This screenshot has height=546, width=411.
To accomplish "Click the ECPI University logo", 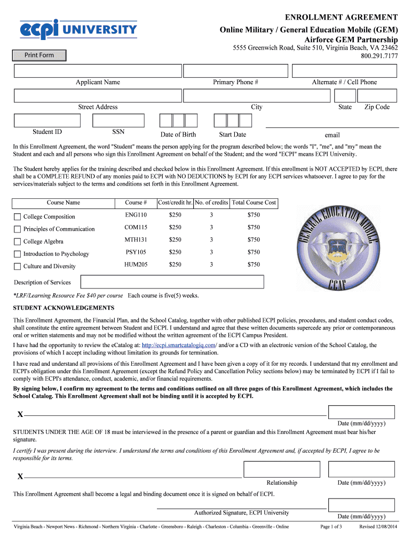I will coord(78,29).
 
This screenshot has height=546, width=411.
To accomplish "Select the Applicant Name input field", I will coord(97,70).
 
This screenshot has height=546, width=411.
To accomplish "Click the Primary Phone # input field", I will coord(235,70).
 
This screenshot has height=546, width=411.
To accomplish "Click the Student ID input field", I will coord(46,121).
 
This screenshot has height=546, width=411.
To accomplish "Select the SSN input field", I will coord(118,121).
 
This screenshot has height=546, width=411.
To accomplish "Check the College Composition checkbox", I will coord(18,217).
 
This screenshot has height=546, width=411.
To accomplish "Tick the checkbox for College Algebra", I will coord(18,242).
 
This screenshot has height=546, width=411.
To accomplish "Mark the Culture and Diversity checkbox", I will coord(18,267).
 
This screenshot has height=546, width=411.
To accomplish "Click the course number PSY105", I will coord(136,252).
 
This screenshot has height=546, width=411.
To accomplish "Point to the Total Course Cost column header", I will coord(254,203).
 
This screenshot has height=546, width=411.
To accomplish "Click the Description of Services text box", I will coord(171,282).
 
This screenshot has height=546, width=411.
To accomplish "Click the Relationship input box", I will coord(281,469).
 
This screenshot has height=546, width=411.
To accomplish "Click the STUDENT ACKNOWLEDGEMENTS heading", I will coord(64,308).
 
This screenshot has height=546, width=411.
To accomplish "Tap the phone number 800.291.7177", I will coord(379,56).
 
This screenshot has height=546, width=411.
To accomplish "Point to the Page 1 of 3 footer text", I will coord(330,527).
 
